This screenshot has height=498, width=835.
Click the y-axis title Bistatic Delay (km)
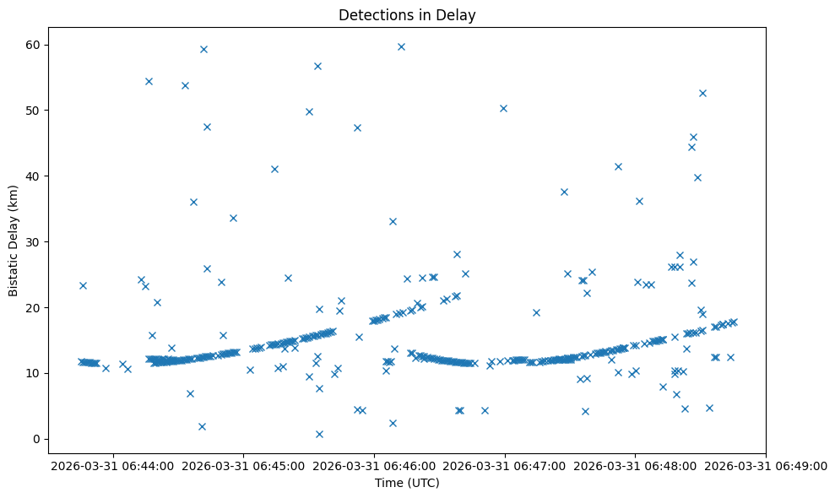(14, 241)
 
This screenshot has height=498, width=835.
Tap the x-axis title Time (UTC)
(407, 484)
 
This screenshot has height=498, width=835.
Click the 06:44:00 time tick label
(113, 465)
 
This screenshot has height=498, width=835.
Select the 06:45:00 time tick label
(244, 465)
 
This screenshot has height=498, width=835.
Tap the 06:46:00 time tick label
(375, 465)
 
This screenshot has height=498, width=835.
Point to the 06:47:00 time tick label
(505, 465)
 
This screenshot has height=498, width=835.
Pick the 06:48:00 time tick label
(636, 465)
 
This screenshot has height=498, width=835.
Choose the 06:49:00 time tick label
(767, 465)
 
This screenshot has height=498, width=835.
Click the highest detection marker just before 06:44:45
(203, 49)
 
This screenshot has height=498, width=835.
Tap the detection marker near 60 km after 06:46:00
(401, 46)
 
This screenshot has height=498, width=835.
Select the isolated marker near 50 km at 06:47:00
(503, 108)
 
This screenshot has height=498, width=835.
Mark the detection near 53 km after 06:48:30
(702, 93)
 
